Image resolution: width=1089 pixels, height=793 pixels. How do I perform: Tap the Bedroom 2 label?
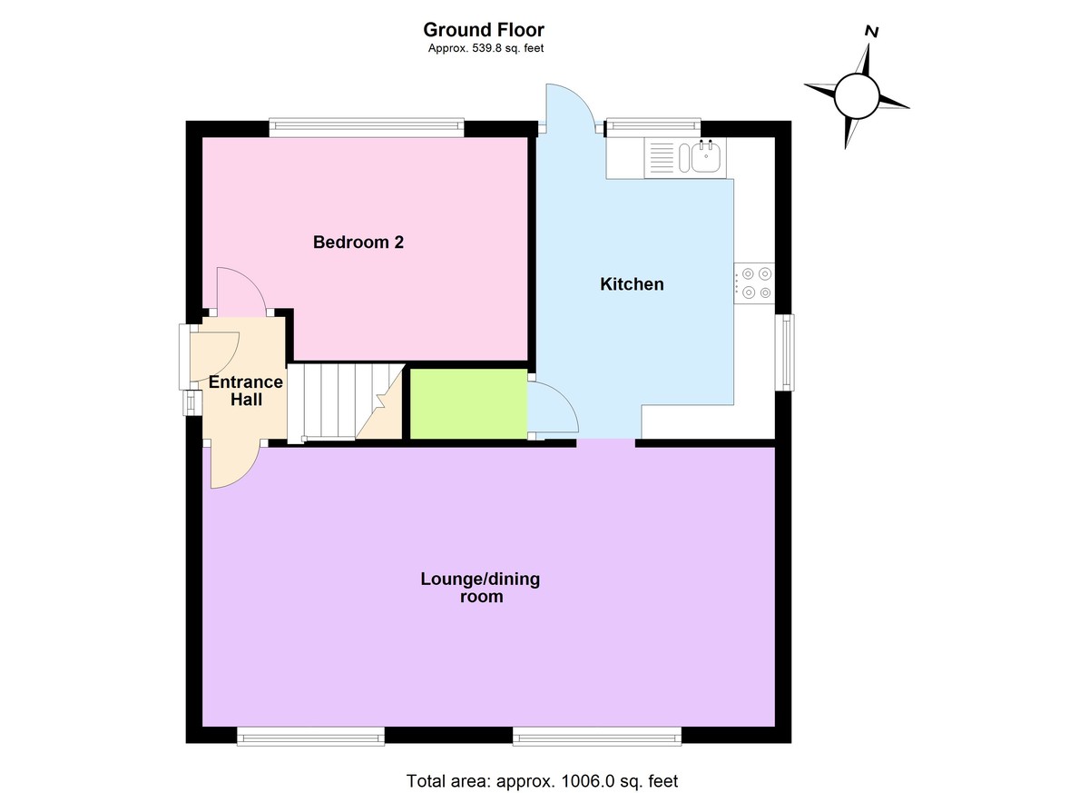[x=358, y=243]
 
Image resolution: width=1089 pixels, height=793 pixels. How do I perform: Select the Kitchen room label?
[x=632, y=284]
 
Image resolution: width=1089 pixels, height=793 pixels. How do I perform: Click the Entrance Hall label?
[x=246, y=391]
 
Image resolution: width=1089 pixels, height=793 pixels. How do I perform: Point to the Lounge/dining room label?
[x=480, y=588]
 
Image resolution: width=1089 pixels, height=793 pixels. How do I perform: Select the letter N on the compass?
[x=871, y=31]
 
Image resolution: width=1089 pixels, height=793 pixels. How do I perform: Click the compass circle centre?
[x=857, y=95]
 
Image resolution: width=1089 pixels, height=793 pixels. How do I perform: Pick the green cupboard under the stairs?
[x=469, y=403]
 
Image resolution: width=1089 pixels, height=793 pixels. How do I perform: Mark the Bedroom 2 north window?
[x=367, y=128]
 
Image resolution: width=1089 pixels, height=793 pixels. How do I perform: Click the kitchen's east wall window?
[x=784, y=352]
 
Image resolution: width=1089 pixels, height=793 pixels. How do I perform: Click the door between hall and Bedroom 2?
[x=240, y=291]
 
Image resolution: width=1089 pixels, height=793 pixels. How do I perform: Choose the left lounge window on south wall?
[x=310, y=737]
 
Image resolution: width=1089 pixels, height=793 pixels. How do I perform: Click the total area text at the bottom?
[x=542, y=780]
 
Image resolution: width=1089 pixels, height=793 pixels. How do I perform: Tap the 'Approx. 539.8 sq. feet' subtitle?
[x=486, y=49]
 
